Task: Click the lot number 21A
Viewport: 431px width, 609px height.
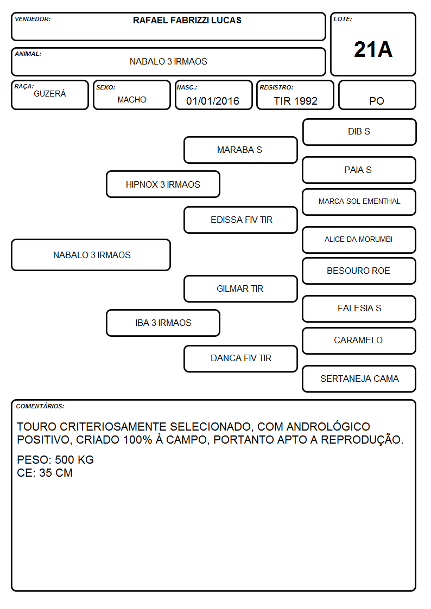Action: point(373,49)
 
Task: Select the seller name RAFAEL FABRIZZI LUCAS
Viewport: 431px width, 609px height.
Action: point(187,20)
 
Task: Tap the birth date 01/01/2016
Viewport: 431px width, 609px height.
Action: point(213,101)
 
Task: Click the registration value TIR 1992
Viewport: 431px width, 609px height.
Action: point(295,101)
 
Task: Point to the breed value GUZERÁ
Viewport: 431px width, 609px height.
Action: point(50,93)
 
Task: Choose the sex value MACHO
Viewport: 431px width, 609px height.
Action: point(132,100)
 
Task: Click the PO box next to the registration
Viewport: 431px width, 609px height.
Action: point(377,95)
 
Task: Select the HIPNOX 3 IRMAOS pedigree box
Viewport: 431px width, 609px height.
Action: point(163,184)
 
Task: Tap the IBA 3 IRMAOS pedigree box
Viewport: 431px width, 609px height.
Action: point(163,323)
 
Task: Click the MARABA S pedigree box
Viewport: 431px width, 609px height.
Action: point(240,150)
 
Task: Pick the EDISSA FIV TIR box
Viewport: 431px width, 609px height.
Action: point(240,220)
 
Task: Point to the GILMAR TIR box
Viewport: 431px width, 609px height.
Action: point(240,289)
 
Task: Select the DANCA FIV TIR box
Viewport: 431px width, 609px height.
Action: point(240,358)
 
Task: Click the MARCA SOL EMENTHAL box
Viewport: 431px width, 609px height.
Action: point(359,202)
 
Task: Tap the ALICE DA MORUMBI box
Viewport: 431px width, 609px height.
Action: point(359,240)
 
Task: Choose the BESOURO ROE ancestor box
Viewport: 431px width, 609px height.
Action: point(359,271)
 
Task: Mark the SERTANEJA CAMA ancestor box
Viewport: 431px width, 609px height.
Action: point(359,379)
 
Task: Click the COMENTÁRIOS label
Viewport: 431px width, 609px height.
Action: point(40,406)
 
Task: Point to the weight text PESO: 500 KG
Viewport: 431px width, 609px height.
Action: point(55,460)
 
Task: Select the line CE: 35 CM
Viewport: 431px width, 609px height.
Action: point(45,473)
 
